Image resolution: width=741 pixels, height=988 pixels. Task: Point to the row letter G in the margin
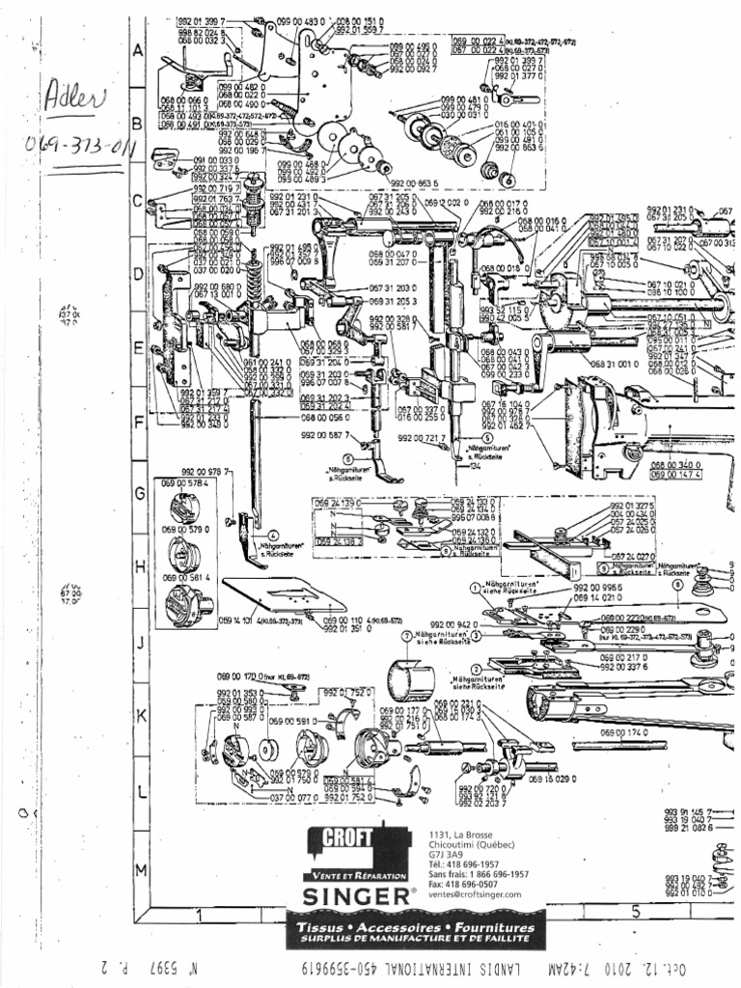point(139,493)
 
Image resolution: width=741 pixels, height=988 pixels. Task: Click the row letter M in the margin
point(139,869)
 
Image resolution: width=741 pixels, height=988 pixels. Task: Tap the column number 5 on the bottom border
point(636,911)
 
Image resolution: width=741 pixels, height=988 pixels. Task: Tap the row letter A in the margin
point(139,54)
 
